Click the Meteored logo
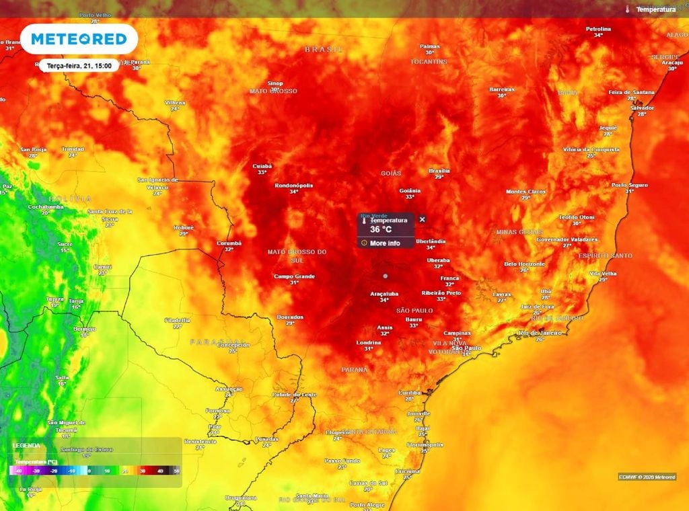pos(79,39)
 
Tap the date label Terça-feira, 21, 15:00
pos(79,65)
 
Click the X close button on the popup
pos(423,219)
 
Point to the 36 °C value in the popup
pos(381,229)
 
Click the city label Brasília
pos(439,171)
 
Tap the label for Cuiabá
pos(262,165)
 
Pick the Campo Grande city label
pos(295,276)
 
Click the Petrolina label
pos(598,29)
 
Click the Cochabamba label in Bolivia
pos(45,206)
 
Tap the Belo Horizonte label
pos(524,264)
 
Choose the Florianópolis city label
pos(425,444)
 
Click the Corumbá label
pos(229,243)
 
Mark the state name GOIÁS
pos(391,173)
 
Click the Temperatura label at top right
pos(655,9)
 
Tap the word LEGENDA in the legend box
pos(26,445)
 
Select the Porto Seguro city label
pos(629,185)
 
